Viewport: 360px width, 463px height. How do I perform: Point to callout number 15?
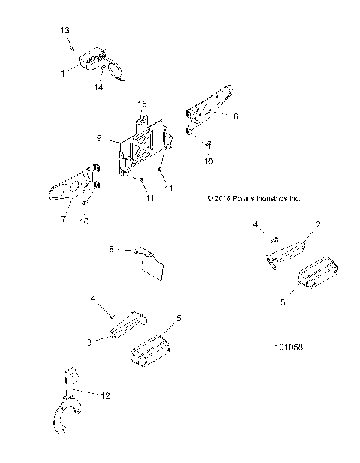coord(142,102)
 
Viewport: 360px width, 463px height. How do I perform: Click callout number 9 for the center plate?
coord(100,139)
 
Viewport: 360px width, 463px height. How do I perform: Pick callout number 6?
coord(235,117)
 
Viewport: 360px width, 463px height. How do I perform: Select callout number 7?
coord(64,219)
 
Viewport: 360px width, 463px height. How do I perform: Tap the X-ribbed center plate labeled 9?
coord(142,146)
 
